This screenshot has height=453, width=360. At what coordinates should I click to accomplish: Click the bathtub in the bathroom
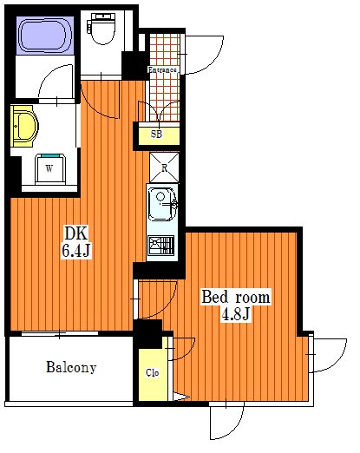pyautogui.click(x=45, y=36)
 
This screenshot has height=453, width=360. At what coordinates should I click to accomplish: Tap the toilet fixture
pyautogui.click(x=102, y=28)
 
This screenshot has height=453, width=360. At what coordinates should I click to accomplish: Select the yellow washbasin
pyautogui.click(x=24, y=126)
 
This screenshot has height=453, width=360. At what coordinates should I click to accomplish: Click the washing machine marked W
pyautogui.click(x=49, y=169)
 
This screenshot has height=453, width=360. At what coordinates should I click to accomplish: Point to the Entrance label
pyautogui.click(x=162, y=69)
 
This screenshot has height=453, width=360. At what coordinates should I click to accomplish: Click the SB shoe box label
pyautogui.click(x=156, y=134)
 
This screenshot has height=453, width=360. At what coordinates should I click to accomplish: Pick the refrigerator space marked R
pyautogui.click(x=164, y=167)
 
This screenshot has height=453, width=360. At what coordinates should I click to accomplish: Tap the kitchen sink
pyautogui.click(x=162, y=204)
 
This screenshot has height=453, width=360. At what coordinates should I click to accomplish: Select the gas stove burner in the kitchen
pyautogui.click(x=161, y=246)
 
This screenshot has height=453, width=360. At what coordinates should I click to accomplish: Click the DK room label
pyautogui.click(x=75, y=233)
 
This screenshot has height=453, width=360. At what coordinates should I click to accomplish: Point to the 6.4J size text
pyautogui.click(x=75, y=250)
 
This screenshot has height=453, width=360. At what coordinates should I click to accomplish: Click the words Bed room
pyautogui.click(x=236, y=297)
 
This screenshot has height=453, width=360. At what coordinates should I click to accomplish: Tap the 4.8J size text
pyautogui.click(x=235, y=314)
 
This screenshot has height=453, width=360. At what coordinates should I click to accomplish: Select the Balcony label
pyautogui.click(x=71, y=367)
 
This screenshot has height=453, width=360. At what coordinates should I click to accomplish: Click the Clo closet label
pyautogui.click(x=152, y=372)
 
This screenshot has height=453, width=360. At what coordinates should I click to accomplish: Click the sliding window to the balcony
pyautogui.click(x=60, y=333)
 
